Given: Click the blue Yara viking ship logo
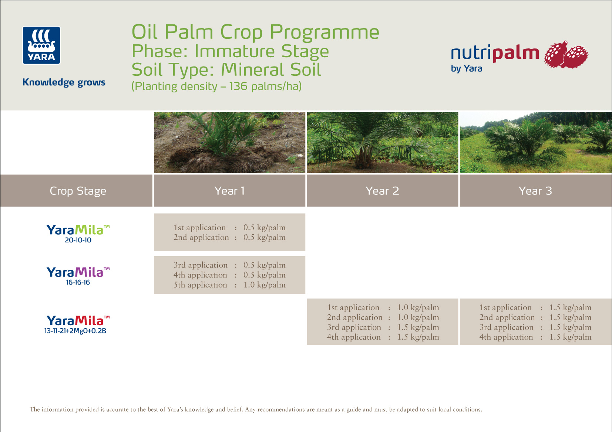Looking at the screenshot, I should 41,45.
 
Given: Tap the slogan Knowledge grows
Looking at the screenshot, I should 64,82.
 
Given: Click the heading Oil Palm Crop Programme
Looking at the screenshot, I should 255,32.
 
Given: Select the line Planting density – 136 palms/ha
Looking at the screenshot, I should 216,86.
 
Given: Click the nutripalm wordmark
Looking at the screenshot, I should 495,53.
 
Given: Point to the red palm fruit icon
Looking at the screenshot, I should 566,55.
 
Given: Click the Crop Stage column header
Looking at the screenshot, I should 78,191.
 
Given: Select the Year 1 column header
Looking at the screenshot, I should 229,191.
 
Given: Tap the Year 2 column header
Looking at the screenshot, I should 382,191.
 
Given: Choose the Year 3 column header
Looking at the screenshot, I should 535,191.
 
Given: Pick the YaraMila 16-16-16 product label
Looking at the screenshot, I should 78,276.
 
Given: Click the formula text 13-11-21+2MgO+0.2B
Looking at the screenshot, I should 75,331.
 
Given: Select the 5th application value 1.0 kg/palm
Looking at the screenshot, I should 264,285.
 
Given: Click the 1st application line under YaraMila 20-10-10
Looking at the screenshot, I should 229,228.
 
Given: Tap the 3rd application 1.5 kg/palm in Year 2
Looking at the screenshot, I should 418,327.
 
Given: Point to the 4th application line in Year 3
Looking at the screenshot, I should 535,337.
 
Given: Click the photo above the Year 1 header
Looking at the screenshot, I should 229,143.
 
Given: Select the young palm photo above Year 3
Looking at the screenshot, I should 535,143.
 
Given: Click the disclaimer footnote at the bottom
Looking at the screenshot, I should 256,409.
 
